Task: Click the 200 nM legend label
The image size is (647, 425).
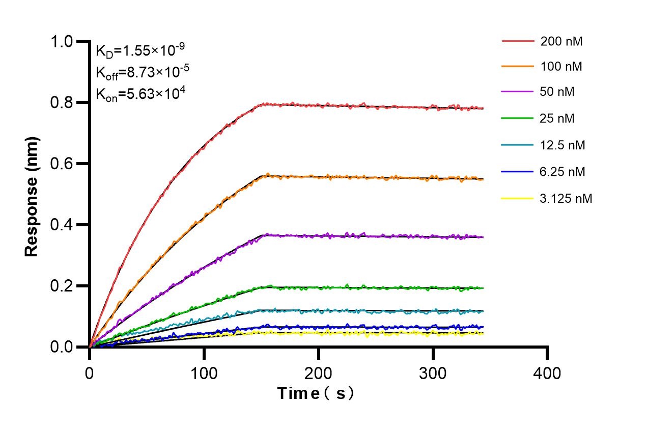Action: [x=561, y=41]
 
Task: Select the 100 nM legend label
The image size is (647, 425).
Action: [x=561, y=66]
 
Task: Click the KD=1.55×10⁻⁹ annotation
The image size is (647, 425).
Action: [x=140, y=50]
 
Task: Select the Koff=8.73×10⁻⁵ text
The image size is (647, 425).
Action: [x=143, y=72]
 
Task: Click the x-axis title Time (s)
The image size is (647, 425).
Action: [x=315, y=393]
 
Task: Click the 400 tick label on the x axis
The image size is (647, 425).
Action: [x=547, y=373]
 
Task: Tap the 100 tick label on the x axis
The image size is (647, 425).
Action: [x=204, y=373]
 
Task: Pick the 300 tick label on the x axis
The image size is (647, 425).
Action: [x=433, y=373]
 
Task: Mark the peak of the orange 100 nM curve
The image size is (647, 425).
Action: [x=267, y=174]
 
